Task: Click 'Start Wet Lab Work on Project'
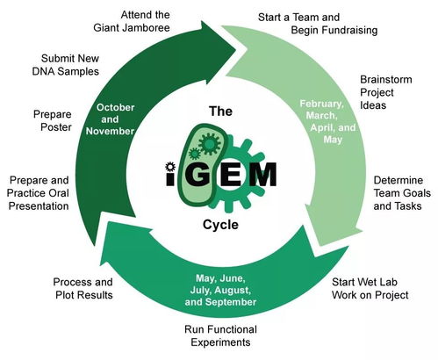point(369,289)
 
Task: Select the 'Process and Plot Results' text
point(83,289)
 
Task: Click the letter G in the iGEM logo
point(199,174)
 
